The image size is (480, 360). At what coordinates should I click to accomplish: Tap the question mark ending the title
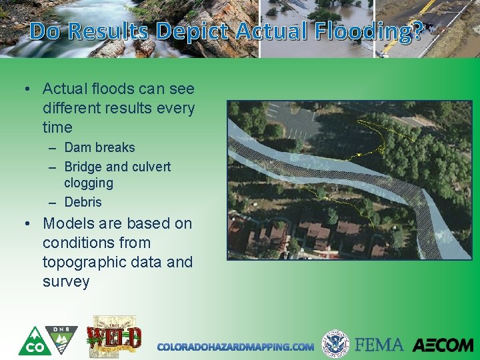click(x=417, y=31)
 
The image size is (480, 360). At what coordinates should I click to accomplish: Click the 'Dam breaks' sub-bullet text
click(x=99, y=147)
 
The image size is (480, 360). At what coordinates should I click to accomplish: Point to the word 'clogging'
click(x=89, y=183)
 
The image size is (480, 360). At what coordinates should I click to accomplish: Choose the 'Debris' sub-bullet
click(x=83, y=202)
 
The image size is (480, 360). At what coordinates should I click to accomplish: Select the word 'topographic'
click(x=83, y=262)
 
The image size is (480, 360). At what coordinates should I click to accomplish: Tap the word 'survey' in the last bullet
click(x=66, y=281)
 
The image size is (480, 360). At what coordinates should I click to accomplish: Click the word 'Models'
click(x=70, y=223)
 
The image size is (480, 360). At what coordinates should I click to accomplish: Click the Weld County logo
click(x=114, y=337)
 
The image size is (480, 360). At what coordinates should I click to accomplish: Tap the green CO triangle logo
click(x=31, y=341)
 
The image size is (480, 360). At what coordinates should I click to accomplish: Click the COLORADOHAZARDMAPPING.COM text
click(x=235, y=347)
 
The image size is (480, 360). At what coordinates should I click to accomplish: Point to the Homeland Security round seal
click(x=335, y=344)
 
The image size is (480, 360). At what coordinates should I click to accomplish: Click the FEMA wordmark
click(x=379, y=345)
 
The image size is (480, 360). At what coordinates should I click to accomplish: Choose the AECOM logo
click(x=443, y=345)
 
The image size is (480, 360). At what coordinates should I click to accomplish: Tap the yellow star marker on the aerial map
click(x=359, y=154)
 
